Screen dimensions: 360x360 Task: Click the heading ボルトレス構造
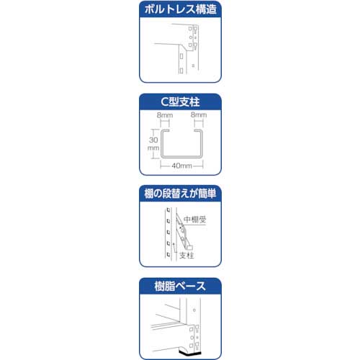coord(179,9)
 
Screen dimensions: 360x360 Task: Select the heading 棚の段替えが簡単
coord(179,193)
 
